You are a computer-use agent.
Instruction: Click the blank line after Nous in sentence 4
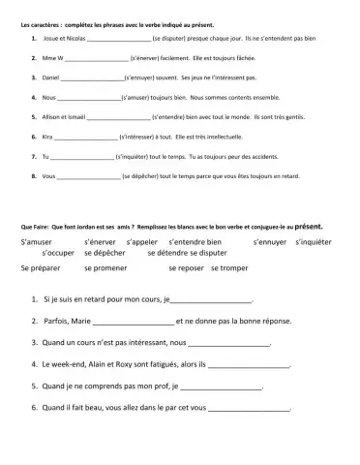[x=89, y=98]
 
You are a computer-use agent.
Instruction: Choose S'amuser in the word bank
[x=36, y=238]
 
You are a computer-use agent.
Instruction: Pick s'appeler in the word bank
[x=140, y=238]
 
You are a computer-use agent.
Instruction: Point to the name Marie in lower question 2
[x=80, y=321]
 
